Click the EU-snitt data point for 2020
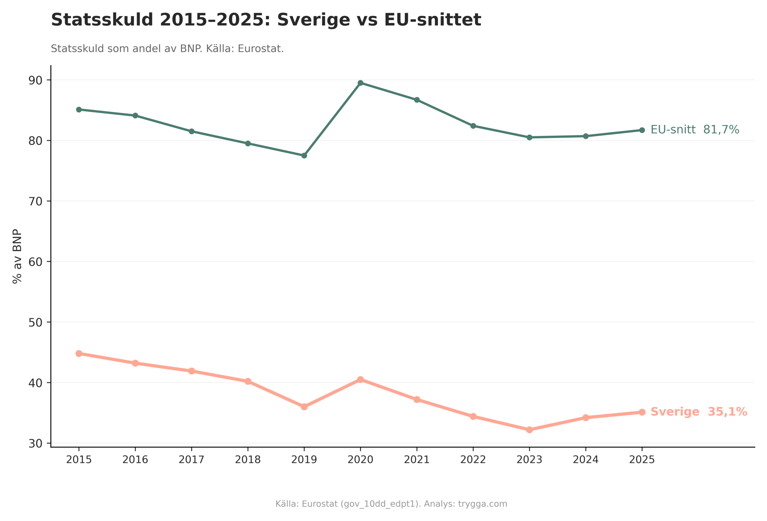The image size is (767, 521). point(360,83)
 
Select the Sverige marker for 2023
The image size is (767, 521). point(529,430)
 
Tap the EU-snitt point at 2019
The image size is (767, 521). point(304,155)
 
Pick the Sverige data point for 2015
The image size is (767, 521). point(79,354)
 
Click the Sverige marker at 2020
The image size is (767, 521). point(360,380)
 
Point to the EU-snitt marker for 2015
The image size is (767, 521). point(79,110)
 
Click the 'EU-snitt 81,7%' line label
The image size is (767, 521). point(694,130)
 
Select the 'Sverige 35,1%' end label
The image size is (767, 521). point(698,412)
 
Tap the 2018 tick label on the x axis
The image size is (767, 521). point(247,460)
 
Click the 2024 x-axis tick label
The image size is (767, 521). point(585,460)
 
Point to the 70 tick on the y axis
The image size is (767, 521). point(35,201)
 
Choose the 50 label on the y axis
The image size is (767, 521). point(35,322)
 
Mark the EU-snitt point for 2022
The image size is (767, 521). point(473,126)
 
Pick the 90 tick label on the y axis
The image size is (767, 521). point(35,80)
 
